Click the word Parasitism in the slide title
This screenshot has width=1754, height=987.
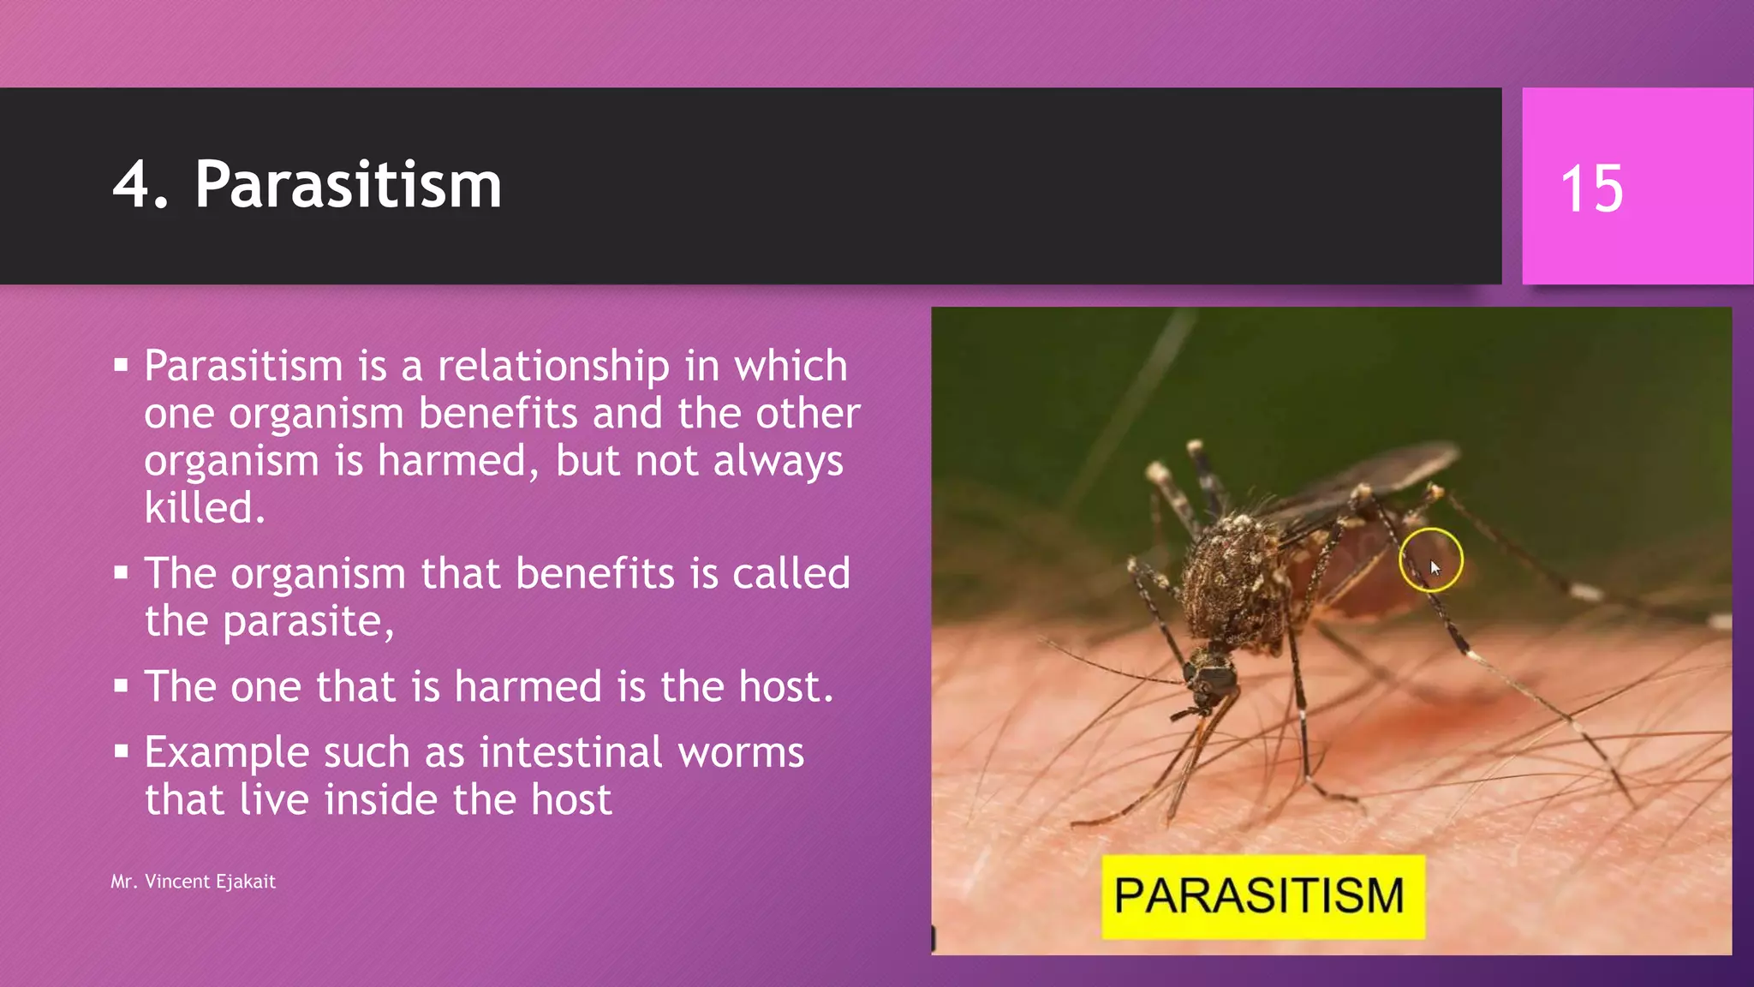click(x=348, y=185)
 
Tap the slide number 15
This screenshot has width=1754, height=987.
click(x=1591, y=188)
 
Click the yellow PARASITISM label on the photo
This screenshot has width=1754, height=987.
click(x=1262, y=896)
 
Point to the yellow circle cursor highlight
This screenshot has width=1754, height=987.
click(x=1430, y=560)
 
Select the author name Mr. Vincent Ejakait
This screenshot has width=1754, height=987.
click(x=193, y=882)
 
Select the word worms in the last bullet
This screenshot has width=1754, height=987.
click(x=741, y=753)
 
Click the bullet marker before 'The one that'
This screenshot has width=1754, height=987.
click(x=121, y=685)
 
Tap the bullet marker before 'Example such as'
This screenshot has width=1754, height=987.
click(x=121, y=751)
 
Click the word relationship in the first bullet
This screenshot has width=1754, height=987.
click(x=553, y=367)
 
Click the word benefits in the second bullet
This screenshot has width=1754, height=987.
click(x=594, y=574)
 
